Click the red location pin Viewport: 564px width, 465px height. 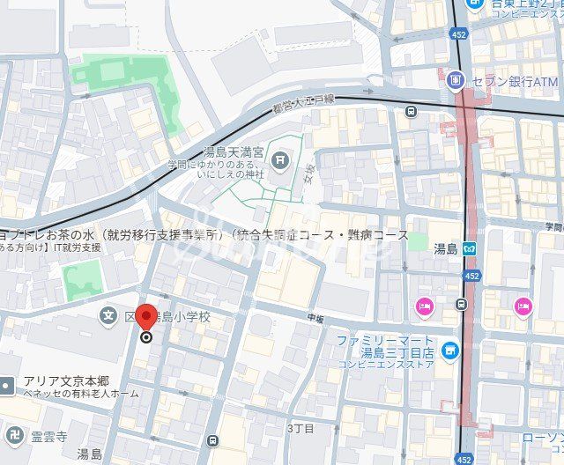point(147,314)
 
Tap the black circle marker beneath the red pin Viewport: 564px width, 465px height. point(147,336)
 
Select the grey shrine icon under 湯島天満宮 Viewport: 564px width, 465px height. point(279,159)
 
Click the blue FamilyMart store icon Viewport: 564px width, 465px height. point(450,351)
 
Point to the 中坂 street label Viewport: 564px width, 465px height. point(315,317)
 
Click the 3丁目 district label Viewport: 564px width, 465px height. point(301,428)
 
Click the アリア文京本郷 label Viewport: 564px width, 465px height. point(66,380)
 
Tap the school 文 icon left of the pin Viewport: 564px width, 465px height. point(108,314)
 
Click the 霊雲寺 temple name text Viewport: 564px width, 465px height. point(49,435)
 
